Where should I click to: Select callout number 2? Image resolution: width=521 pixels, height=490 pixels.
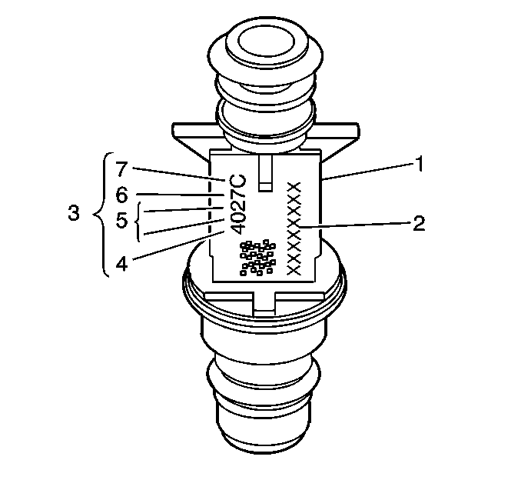click(x=417, y=224)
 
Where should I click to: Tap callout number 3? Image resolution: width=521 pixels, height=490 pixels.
click(x=74, y=213)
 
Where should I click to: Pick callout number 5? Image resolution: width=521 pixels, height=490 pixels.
click(x=121, y=220)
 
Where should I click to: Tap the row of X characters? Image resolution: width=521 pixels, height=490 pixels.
click(x=294, y=228)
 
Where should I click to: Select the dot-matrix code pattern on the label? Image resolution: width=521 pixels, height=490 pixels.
click(x=255, y=257)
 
